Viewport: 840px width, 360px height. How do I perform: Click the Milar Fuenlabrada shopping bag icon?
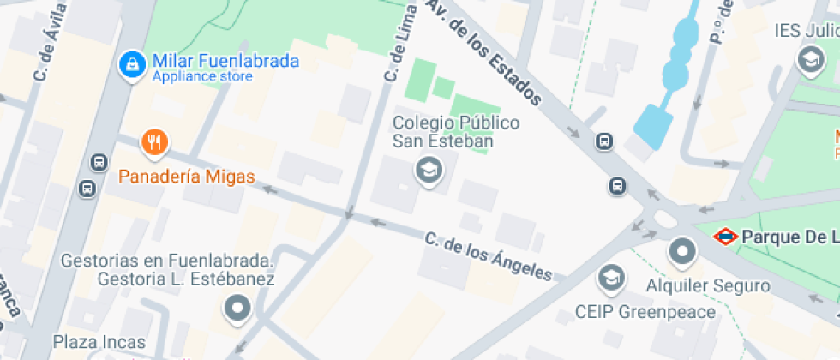(131, 64)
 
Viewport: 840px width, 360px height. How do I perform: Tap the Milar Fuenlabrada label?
(225, 61)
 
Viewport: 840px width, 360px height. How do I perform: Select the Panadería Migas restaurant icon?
(154, 142)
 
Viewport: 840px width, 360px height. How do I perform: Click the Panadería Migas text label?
(186, 177)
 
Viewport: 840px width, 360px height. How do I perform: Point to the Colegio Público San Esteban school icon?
(428, 170)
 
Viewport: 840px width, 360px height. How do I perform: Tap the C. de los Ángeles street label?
(489, 256)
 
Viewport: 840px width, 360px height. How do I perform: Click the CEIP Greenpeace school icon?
(610, 277)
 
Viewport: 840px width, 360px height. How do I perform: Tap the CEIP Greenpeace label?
(645, 312)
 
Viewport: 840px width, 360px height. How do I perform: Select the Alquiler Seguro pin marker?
(682, 251)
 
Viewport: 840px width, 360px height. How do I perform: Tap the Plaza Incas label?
(99, 342)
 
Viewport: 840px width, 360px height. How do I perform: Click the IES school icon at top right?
(808, 60)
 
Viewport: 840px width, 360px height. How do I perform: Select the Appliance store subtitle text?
(202, 77)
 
